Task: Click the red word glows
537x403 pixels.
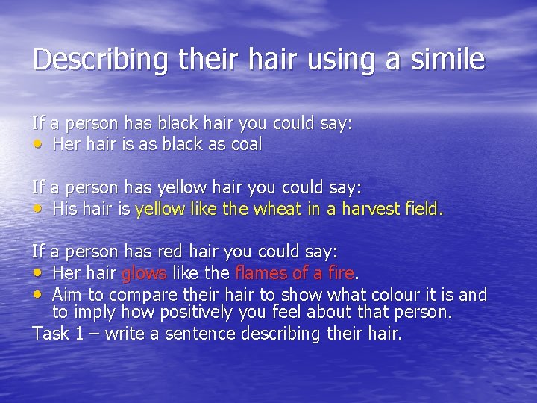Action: coord(145,275)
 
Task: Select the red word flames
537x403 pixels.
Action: coord(261,275)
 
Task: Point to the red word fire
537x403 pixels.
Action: coord(336,275)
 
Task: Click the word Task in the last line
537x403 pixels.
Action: coord(50,333)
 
